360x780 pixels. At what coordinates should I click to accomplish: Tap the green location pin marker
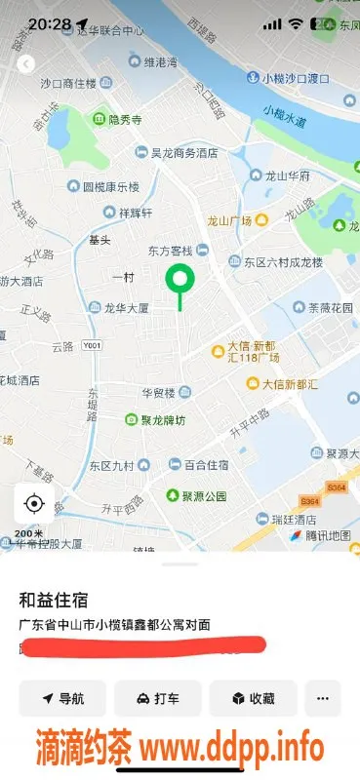coord(179,282)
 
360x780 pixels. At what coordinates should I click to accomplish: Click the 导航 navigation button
coord(61,698)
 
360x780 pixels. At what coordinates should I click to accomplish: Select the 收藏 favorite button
coord(253,698)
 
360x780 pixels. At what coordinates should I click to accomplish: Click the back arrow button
coord(26,64)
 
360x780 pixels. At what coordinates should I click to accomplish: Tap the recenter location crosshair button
coord(34,503)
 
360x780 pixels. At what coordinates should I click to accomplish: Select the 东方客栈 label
coord(172,251)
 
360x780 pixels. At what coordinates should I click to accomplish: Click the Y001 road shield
coord(92,345)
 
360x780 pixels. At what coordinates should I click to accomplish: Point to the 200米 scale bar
coord(28,534)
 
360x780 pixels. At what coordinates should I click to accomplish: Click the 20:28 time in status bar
coord(49,23)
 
